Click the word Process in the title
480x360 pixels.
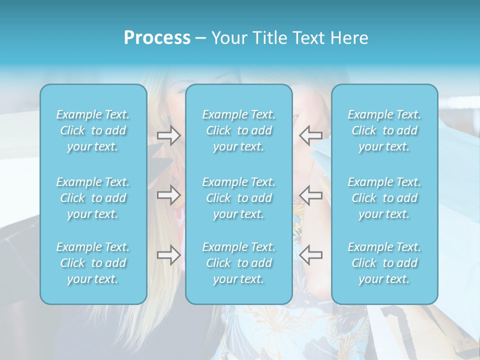click(157, 38)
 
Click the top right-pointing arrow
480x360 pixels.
click(168, 135)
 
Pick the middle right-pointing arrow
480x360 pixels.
click(168, 195)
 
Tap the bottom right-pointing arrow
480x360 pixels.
click(168, 255)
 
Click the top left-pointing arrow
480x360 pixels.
click(310, 135)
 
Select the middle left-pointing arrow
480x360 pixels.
click(310, 195)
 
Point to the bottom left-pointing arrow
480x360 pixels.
click(310, 255)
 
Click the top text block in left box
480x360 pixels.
click(93, 130)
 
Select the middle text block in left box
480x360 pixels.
click(93, 198)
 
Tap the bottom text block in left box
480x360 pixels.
click(93, 263)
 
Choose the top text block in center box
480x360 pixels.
click(239, 130)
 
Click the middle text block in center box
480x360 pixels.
click(239, 198)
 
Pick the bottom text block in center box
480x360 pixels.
click(239, 263)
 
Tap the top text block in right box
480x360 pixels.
click(384, 130)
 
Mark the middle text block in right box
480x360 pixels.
click(384, 198)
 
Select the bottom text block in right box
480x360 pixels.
click(384, 263)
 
